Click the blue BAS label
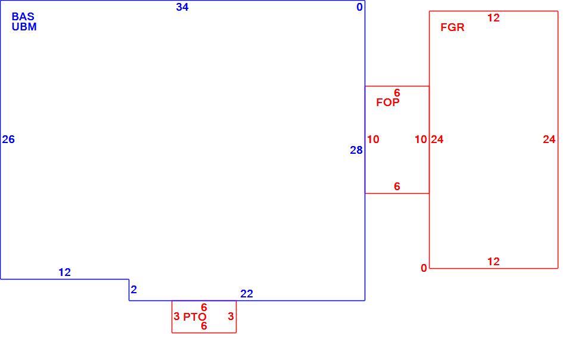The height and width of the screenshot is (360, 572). pos(23,17)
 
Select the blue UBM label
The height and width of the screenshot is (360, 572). pos(24,27)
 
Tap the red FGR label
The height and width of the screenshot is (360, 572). pos(452,27)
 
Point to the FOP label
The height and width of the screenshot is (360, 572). pos(388,103)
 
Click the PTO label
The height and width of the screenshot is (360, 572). pos(195,317)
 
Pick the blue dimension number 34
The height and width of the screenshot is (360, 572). pos(182,7)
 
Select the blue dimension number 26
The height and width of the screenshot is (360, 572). pos(8,139)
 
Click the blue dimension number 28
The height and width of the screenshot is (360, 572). pos(356,150)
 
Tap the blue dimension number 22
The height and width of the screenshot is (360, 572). pos(247,294)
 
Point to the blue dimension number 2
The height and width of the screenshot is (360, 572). pos(134,290)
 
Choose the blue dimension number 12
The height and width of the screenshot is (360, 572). pos(64,272)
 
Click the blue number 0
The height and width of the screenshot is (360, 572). pos(360,7)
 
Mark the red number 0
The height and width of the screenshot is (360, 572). pos(424,268)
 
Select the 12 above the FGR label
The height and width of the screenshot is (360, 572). pos(493,18)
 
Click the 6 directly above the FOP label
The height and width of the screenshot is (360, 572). pos(397,93)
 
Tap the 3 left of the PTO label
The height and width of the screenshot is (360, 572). pos(176,316)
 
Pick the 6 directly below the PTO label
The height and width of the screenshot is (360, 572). pos(204,325)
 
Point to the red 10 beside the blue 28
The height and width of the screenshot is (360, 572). pos(373,139)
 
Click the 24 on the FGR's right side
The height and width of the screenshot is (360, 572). pos(549,139)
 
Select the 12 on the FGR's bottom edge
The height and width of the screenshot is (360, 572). pos(493,262)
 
